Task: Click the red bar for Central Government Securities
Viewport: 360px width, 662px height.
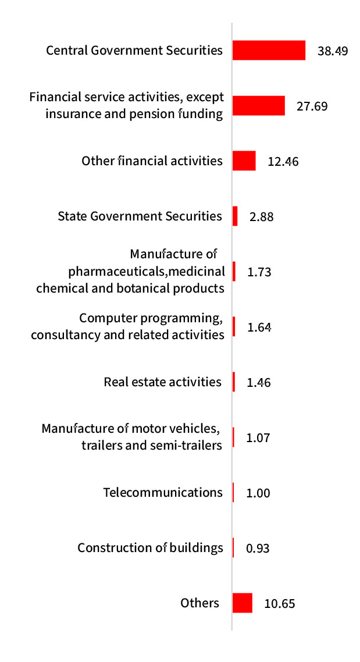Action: (269, 51)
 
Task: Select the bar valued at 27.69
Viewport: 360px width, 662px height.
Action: (258, 106)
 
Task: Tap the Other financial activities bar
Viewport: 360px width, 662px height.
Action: (244, 161)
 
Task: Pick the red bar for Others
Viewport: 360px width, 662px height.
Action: (242, 603)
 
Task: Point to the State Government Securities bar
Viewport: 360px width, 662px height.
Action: (235, 216)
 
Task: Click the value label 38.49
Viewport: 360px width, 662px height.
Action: (333, 51)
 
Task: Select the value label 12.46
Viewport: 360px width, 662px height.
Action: (283, 161)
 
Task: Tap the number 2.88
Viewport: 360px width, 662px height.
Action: (261, 217)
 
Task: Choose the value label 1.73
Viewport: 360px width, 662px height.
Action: (259, 272)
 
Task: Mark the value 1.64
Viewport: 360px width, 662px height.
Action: (259, 327)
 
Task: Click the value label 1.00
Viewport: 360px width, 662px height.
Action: (258, 493)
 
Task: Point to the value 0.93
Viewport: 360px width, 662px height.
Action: (258, 548)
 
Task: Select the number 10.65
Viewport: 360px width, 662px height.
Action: (279, 603)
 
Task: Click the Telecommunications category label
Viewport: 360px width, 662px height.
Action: (163, 492)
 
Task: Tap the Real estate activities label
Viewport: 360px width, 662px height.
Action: (163, 382)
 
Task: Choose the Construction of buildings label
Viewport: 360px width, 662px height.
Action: (150, 547)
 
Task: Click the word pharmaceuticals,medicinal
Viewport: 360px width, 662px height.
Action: (146, 271)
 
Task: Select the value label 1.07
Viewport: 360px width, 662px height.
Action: (259, 437)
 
